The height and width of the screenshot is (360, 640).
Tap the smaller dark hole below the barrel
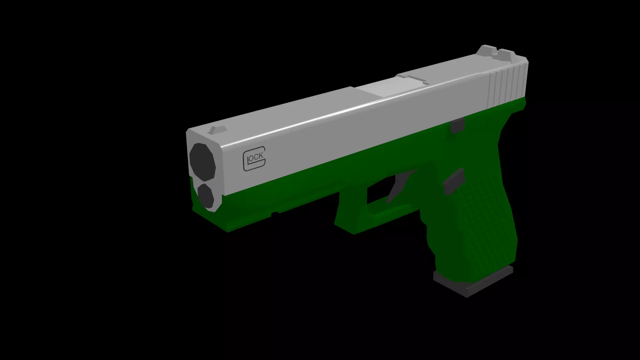[205, 195]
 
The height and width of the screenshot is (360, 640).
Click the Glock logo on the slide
[254, 158]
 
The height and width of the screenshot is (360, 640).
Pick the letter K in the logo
[261, 156]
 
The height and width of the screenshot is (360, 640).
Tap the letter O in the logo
[251, 158]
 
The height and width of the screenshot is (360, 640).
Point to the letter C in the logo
[256, 157]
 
